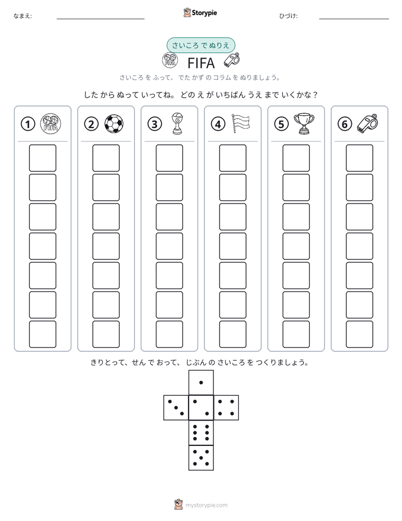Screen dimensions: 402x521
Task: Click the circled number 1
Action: (28, 124)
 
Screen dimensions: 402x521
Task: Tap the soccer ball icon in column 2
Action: (114, 124)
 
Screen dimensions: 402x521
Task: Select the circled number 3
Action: (155, 124)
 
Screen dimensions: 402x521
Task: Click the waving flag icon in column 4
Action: (240, 123)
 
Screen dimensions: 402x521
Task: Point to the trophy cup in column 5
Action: (304, 123)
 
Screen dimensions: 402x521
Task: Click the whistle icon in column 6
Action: (368, 123)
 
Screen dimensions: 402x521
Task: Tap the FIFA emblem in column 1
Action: (51, 124)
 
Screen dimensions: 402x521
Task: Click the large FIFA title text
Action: (201, 63)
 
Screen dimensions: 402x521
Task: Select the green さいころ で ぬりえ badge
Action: (200, 45)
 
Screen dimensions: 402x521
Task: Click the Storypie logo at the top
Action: (200, 13)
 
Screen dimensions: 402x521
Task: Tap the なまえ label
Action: (23, 16)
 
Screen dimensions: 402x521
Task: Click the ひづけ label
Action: (288, 16)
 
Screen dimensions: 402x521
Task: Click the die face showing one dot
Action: (201, 382)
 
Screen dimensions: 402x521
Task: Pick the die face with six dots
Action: (201, 432)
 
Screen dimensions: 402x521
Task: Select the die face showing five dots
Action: (201, 457)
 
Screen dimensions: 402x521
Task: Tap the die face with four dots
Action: (226, 407)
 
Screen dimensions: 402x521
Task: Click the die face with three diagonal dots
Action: (176, 407)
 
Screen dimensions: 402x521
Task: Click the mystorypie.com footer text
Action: (206, 505)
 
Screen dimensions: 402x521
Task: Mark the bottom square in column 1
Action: (42, 334)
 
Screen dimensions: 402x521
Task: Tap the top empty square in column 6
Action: (359, 158)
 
